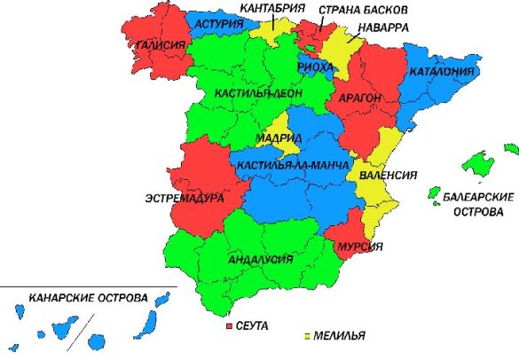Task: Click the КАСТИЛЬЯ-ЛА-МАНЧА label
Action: click(x=289, y=166)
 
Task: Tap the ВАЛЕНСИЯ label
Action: click(x=388, y=176)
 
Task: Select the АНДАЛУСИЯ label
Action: click(x=261, y=259)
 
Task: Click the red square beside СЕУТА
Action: click(x=232, y=327)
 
